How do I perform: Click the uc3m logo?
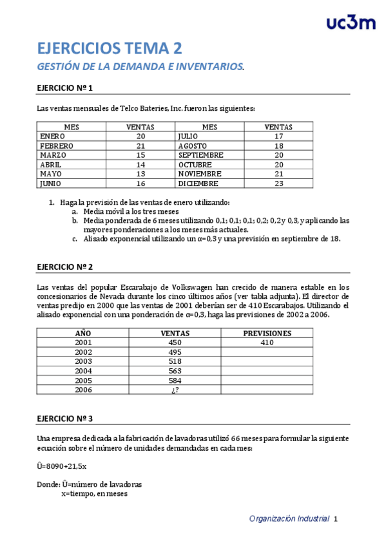coord(351,23)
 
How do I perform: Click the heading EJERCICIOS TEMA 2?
coord(110,48)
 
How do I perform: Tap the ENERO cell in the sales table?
coord(53,136)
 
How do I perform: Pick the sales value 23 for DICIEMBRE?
coord(278,184)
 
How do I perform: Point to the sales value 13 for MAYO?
coord(140,174)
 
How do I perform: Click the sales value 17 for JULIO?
coord(278,136)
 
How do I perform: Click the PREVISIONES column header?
coord(267,334)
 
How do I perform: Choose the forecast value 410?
coord(267,343)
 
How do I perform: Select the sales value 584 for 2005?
coord(175,381)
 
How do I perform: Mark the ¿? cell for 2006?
coord(175,390)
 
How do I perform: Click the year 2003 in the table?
coord(83,362)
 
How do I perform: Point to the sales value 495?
coord(175,352)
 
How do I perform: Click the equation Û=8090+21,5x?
coord(62,466)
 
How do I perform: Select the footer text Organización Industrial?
coord(289,518)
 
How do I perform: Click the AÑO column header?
coord(83,334)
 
